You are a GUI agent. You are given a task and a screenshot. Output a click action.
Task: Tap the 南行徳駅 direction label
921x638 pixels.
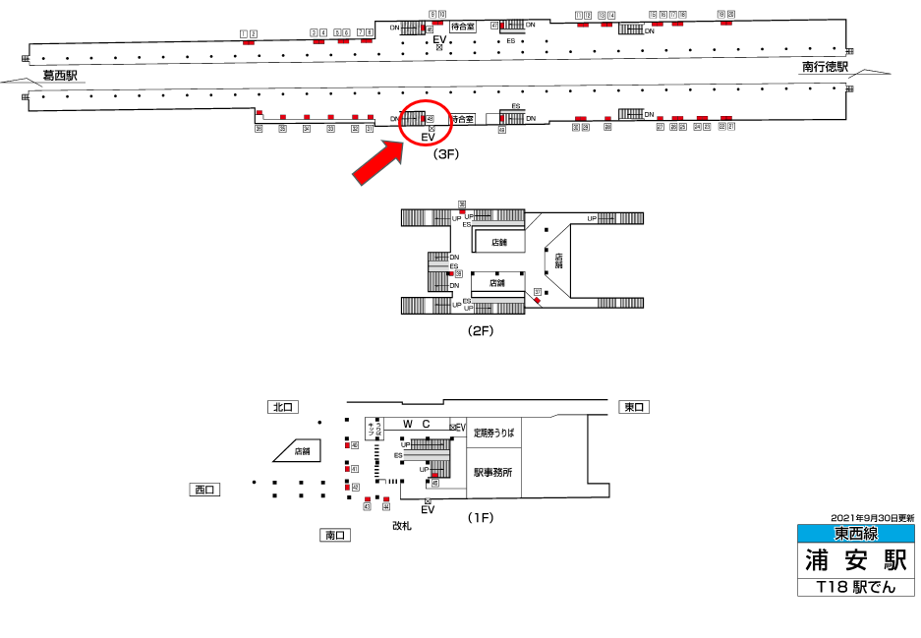click(x=825, y=68)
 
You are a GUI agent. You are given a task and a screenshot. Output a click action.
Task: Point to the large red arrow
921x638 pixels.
click(x=378, y=159)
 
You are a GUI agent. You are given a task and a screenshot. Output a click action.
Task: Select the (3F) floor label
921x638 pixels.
click(x=446, y=154)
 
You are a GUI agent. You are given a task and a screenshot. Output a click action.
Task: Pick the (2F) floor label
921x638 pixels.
click(x=480, y=331)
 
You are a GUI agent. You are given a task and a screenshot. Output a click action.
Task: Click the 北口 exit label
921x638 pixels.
click(x=283, y=407)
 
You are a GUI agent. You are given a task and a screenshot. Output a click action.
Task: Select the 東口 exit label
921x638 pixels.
click(x=634, y=407)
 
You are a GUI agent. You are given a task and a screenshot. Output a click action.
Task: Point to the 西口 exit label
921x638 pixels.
click(x=204, y=489)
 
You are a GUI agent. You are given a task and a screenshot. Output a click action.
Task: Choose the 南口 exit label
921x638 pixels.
click(x=335, y=535)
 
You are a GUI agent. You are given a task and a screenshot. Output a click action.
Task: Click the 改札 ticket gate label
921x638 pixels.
click(x=401, y=527)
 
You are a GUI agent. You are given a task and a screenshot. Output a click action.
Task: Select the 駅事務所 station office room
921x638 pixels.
click(x=492, y=473)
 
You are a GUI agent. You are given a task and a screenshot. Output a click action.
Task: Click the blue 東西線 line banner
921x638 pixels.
click(x=855, y=534)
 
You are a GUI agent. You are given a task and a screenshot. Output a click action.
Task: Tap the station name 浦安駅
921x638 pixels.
click(x=855, y=559)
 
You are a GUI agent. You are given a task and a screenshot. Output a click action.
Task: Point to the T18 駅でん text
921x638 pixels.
click(x=855, y=587)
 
